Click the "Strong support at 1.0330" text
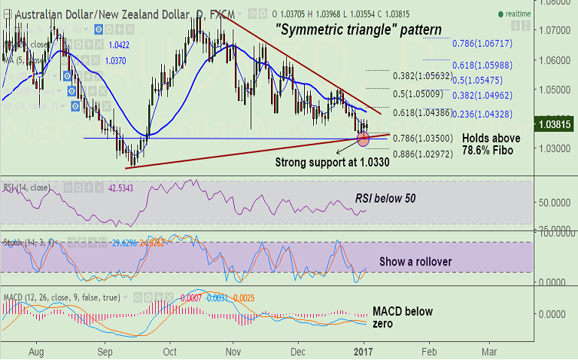point(332,163)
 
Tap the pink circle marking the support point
point(364,139)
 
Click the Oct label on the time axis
point(170,351)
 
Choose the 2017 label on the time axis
point(364,351)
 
